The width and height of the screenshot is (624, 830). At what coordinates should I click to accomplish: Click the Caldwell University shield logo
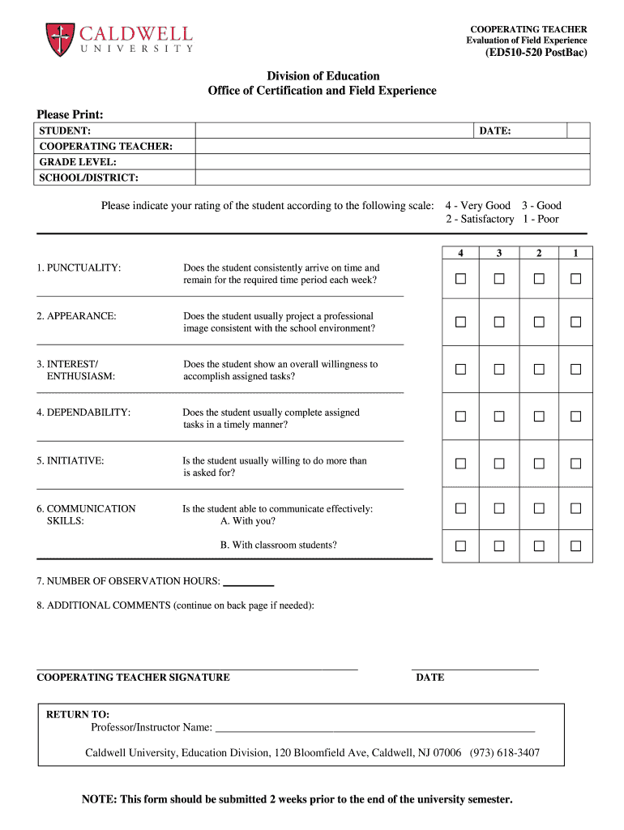click(59, 38)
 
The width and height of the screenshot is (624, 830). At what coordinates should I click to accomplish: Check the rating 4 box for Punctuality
click(460, 279)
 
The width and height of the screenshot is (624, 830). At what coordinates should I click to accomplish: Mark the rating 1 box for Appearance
click(576, 322)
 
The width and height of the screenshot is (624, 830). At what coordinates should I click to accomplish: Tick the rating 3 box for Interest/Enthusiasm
click(499, 370)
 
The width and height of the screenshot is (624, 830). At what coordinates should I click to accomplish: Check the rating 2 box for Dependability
click(538, 417)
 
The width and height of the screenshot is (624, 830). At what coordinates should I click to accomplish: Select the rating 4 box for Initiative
click(460, 464)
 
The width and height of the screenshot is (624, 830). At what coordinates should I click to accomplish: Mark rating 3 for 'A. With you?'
click(499, 509)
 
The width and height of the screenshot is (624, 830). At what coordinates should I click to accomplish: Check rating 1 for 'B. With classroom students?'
click(576, 546)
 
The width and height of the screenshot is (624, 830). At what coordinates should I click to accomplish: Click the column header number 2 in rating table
click(538, 253)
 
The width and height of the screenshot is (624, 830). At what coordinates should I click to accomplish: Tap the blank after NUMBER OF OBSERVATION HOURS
click(248, 581)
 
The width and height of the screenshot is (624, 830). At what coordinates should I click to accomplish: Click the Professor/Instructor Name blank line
click(375, 727)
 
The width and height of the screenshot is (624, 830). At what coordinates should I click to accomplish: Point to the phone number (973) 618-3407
click(504, 753)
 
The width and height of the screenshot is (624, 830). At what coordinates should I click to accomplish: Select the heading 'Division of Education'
click(323, 76)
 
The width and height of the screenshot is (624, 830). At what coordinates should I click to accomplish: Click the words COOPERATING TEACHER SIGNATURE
click(134, 678)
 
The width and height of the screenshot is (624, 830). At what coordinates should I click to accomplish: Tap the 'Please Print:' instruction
click(71, 115)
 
